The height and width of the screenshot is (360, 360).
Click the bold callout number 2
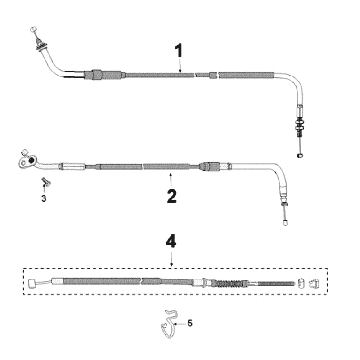[172, 196]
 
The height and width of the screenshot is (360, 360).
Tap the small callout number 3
[43, 198]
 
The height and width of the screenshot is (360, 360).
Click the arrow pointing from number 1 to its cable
[179, 67]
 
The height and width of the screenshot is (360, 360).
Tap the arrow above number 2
[172, 179]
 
